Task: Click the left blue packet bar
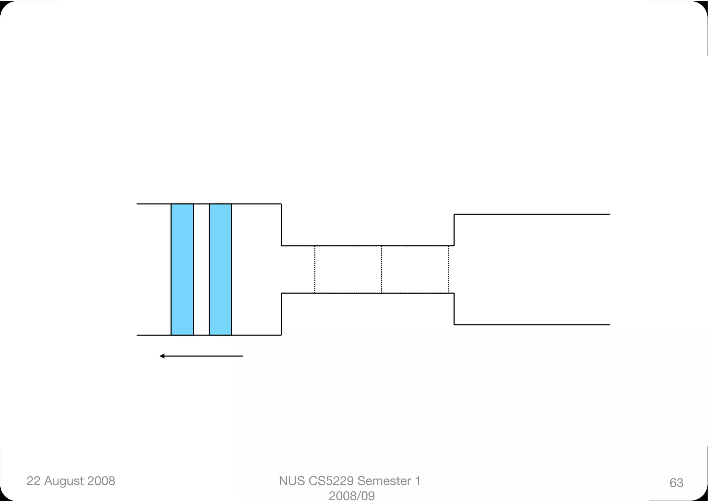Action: pos(182,269)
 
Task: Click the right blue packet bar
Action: pos(221,269)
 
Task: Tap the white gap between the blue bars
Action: pos(202,269)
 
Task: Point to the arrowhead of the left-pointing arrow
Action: pos(160,356)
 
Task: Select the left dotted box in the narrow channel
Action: pos(348,269)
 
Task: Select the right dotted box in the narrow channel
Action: pos(415,269)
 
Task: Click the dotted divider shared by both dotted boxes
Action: pos(382,269)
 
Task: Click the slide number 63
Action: pos(676,483)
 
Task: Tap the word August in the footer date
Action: pos(64,481)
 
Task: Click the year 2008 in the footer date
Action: pos(101,481)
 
